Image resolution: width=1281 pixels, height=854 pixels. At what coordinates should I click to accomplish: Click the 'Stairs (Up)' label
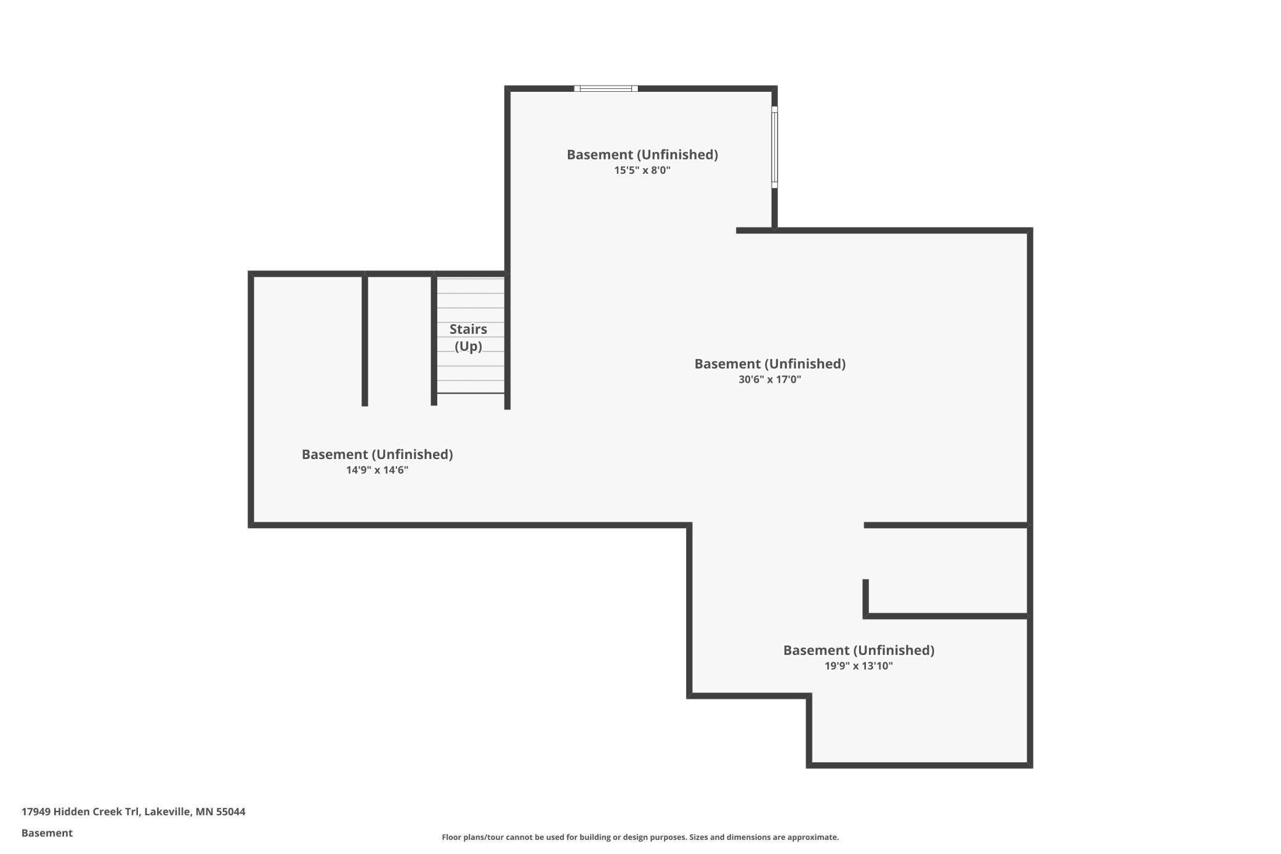pyautogui.click(x=468, y=338)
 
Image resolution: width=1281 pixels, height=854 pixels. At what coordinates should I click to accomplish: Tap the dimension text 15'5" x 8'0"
pyautogui.click(x=642, y=170)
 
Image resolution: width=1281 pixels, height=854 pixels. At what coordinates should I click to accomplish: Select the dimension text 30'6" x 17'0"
pyautogui.click(x=769, y=380)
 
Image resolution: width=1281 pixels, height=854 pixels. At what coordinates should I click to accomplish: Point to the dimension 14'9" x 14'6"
pyautogui.click(x=377, y=470)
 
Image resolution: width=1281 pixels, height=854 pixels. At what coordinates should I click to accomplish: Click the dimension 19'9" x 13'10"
pyautogui.click(x=859, y=665)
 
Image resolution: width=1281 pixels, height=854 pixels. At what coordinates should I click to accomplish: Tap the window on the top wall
pyautogui.click(x=606, y=89)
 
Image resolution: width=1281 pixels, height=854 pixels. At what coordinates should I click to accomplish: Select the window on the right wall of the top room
pyautogui.click(x=774, y=147)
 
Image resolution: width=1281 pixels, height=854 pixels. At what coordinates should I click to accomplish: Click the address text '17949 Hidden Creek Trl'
pyautogui.click(x=80, y=811)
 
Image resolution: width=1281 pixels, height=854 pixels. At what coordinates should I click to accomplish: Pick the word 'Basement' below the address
pyautogui.click(x=47, y=833)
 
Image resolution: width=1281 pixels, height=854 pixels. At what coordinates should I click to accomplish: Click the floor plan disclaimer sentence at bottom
pyautogui.click(x=640, y=837)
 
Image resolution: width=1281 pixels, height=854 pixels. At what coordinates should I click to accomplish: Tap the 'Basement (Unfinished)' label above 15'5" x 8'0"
pyautogui.click(x=642, y=155)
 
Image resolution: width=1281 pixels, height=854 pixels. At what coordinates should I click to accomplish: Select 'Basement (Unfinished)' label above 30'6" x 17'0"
pyautogui.click(x=769, y=364)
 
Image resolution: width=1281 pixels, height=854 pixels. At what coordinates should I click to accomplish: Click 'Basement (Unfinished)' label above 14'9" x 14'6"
pyautogui.click(x=377, y=455)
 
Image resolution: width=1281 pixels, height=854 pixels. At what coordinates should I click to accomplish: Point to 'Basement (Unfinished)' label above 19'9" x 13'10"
pyautogui.click(x=859, y=650)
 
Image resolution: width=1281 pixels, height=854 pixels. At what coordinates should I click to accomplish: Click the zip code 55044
pyautogui.click(x=230, y=811)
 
